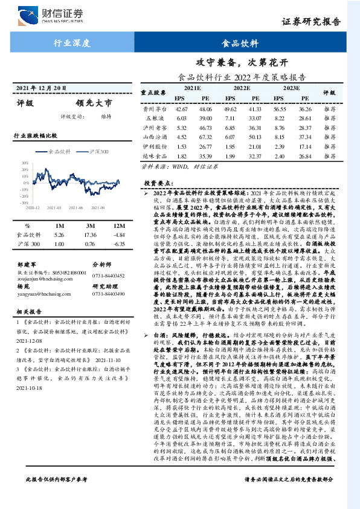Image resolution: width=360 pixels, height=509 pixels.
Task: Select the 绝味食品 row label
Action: pos(155,155)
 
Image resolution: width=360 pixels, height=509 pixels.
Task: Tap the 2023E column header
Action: pos(291,88)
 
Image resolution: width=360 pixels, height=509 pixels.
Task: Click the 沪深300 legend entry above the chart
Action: pos(98,152)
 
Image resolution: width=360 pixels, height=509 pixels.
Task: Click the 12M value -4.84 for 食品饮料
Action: pos(118,235)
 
